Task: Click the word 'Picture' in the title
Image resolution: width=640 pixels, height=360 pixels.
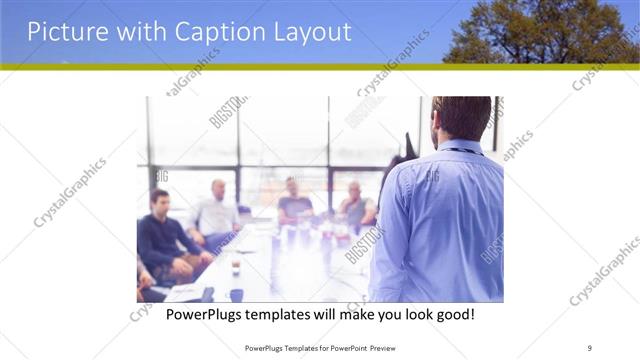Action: click(62, 32)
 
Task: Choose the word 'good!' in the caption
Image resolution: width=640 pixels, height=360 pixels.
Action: click(453, 315)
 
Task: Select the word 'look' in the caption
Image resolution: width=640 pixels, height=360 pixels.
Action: click(410, 315)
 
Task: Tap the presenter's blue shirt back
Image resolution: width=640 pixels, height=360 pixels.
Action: click(440, 220)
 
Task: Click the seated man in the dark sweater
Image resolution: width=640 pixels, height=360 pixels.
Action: click(163, 235)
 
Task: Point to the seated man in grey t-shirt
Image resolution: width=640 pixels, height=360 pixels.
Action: click(294, 204)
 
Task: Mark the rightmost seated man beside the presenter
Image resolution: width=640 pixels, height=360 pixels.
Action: click(355, 205)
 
